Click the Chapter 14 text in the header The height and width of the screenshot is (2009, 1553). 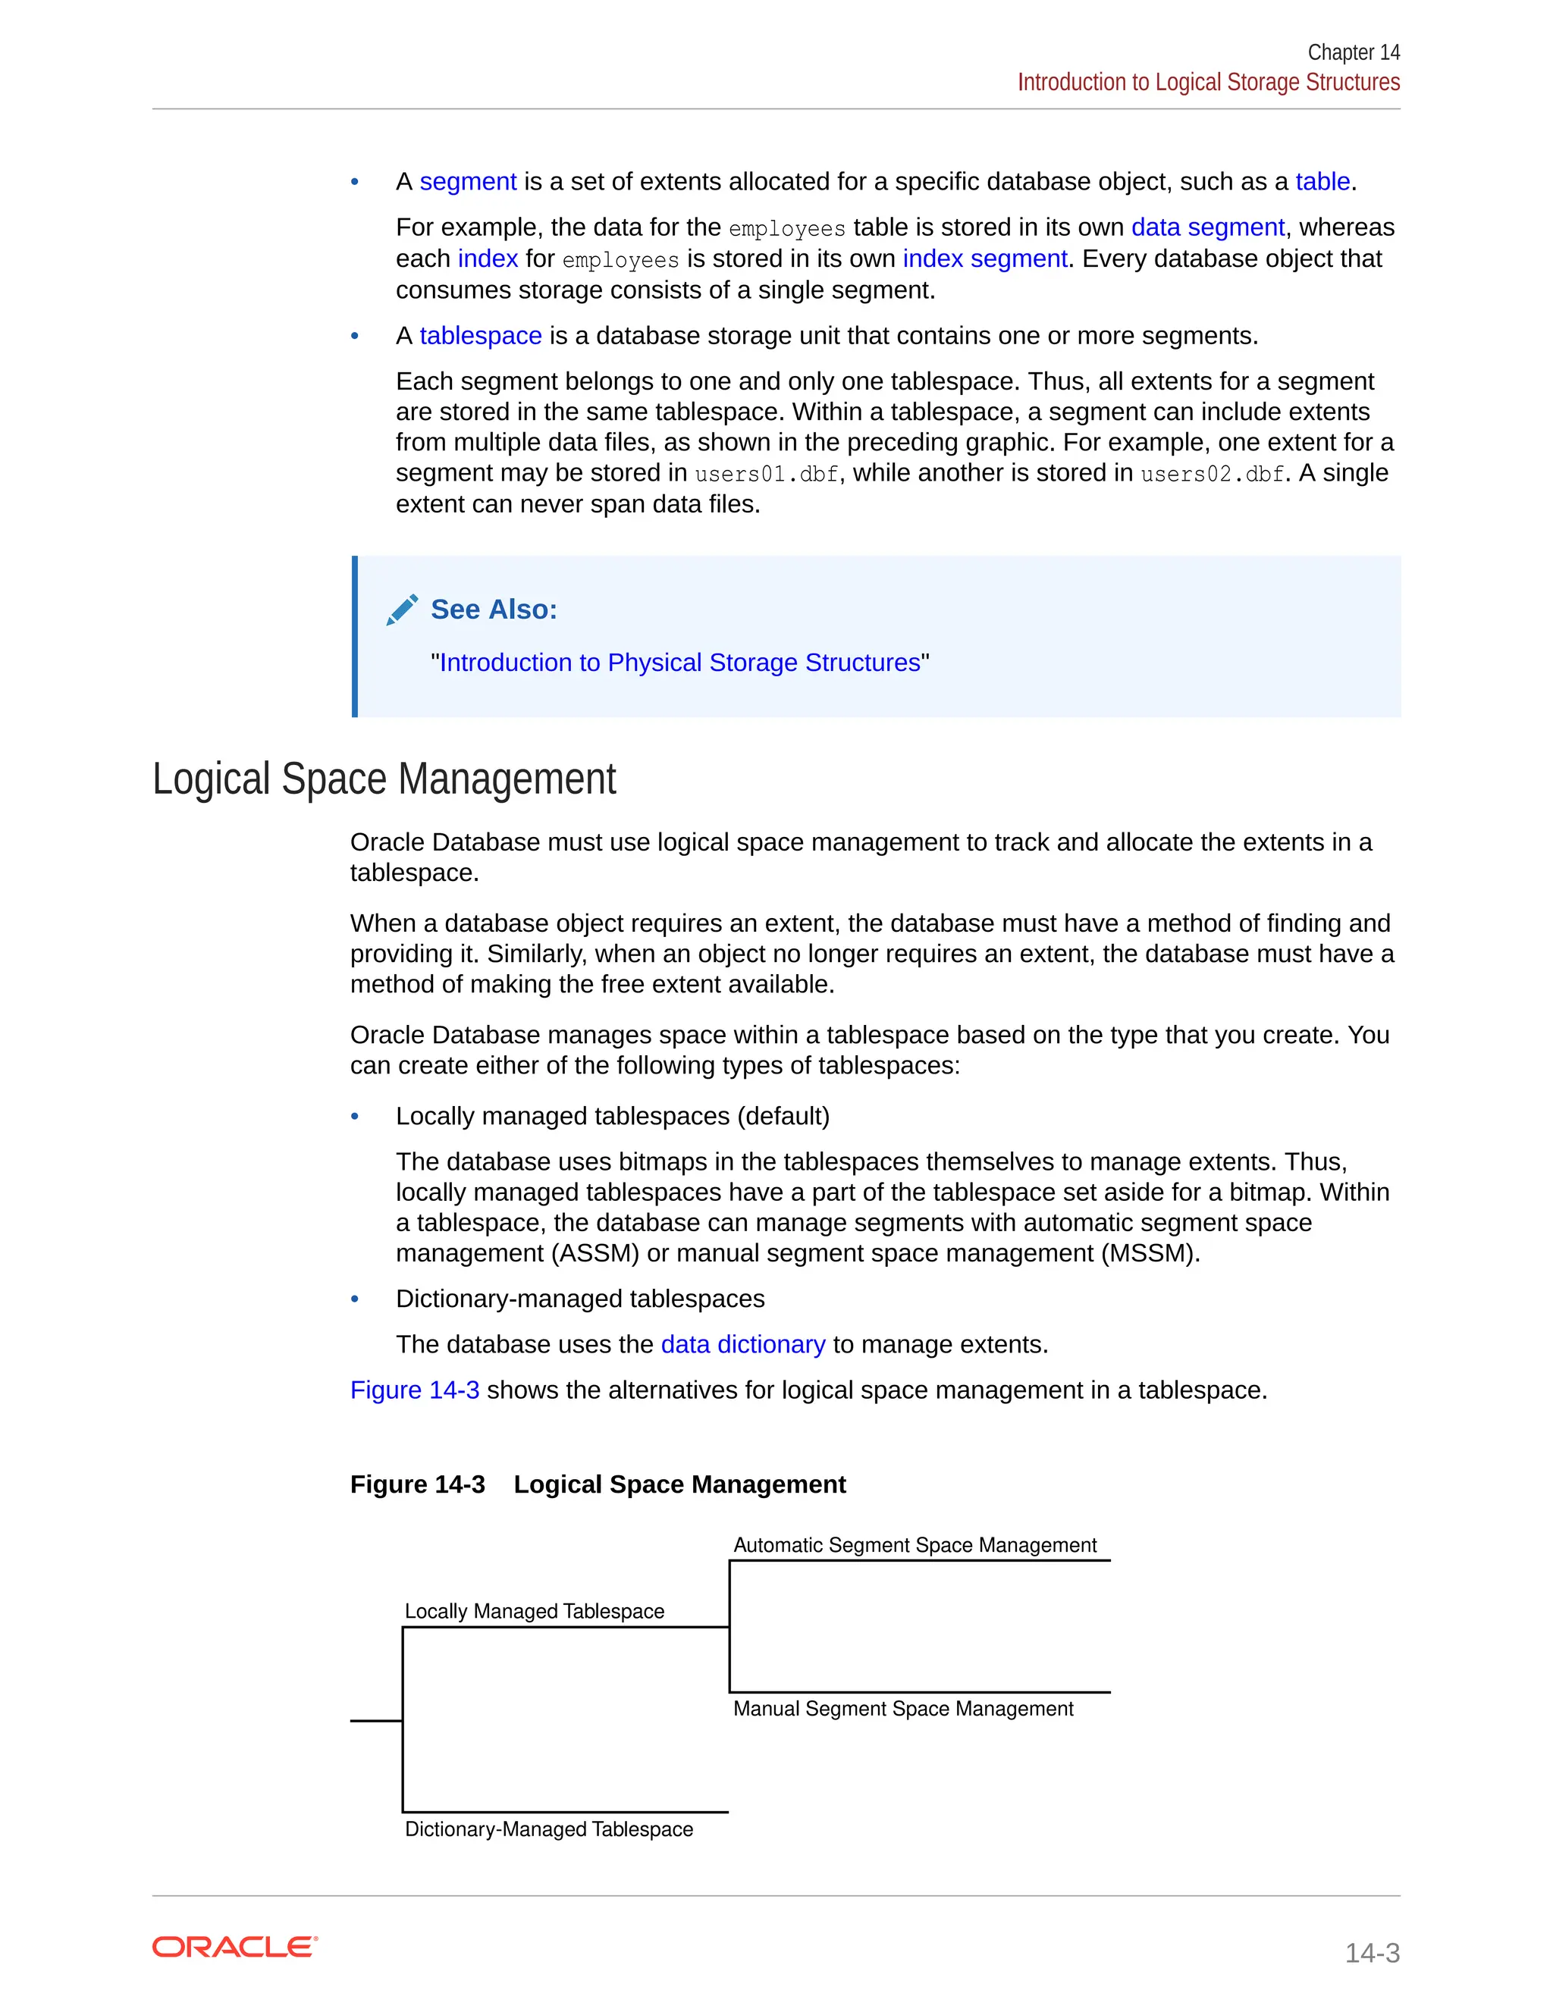tap(1353, 52)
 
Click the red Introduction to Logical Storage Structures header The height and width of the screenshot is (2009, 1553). tap(1208, 83)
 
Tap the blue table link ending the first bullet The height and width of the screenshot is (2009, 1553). tap(1322, 181)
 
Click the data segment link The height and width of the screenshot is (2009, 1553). tap(1207, 227)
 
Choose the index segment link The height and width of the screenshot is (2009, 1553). tap(984, 259)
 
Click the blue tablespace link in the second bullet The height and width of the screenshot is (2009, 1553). tap(480, 336)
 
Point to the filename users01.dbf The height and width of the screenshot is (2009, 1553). tap(767, 474)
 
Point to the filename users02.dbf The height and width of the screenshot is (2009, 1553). tap(1212, 474)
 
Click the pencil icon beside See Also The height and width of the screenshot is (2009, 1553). tap(402, 610)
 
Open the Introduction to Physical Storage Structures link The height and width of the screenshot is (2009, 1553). tap(680, 663)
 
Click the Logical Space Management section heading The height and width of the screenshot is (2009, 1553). tap(384, 779)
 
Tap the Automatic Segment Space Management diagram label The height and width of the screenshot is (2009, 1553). tap(915, 1544)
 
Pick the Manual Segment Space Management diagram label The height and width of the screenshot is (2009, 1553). tap(902, 1708)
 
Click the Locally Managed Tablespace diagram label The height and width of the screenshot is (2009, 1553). tap(534, 1611)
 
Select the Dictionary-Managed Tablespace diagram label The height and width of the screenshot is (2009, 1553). tap(548, 1829)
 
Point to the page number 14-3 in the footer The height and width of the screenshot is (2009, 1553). tap(1371, 1952)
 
